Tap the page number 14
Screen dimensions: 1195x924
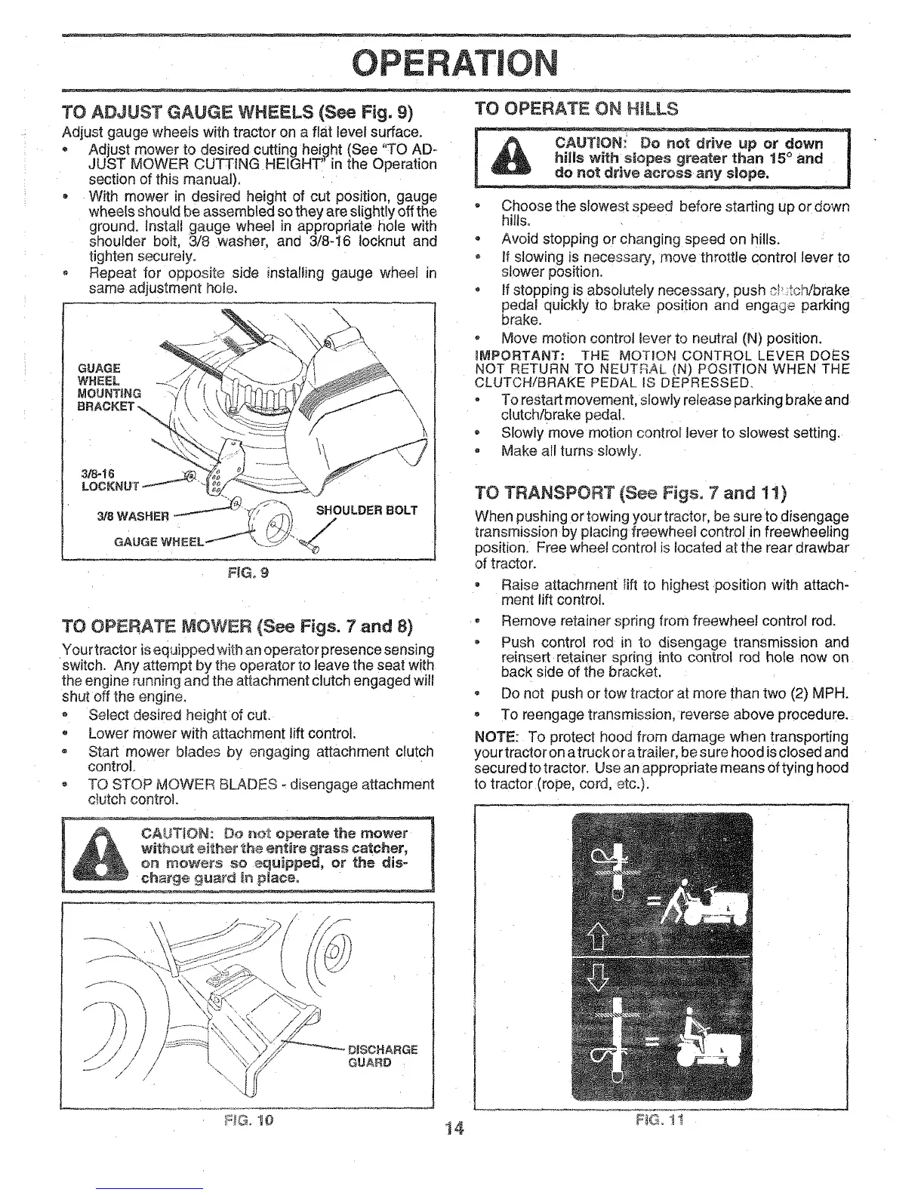tap(453, 1129)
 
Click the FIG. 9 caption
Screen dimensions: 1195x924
tap(249, 572)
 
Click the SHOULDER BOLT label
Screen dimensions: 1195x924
tap(366, 510)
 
